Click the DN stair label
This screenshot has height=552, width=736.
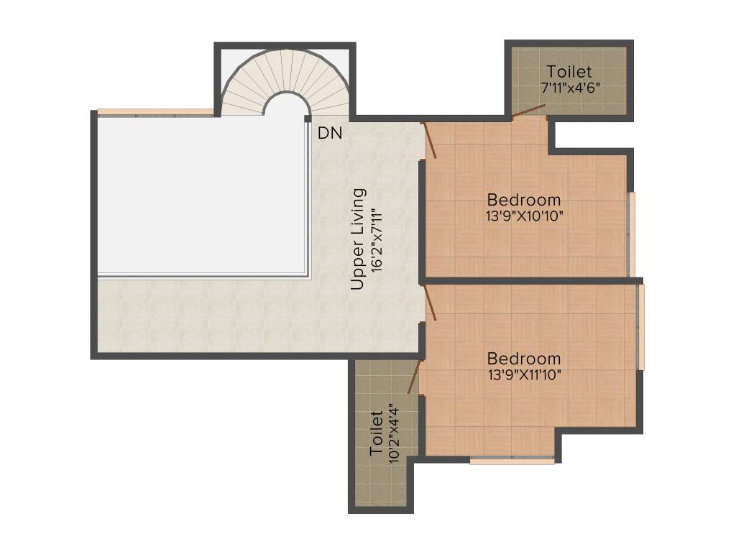tap(330, 133)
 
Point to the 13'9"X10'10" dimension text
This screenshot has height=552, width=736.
tap(523, 215)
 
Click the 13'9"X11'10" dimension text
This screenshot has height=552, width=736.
tap(523, 374)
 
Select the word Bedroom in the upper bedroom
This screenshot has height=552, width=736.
tap(523, 199)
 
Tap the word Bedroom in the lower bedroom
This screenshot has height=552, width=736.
tap(523, 358)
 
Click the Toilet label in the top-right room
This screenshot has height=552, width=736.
tap(569, 72)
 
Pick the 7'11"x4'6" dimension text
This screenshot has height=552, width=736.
tap(570, 87)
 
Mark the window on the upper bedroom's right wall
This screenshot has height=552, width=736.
tap(632, 234)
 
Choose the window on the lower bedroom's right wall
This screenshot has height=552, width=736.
tap(641, 327)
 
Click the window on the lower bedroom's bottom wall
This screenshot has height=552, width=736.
tap(512, 460)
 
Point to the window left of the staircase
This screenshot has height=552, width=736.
tap(155, 111)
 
